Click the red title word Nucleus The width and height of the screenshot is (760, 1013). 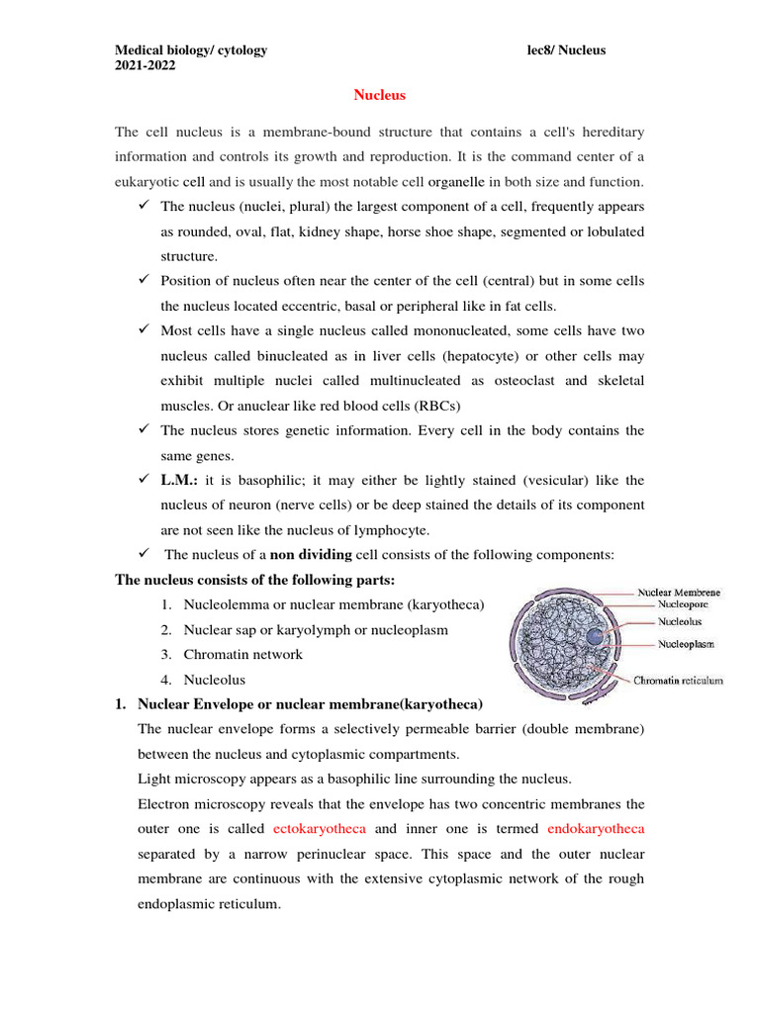[380, 95]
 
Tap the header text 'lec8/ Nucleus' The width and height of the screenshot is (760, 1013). [567, 50]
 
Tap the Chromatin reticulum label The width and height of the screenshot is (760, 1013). [678, 681]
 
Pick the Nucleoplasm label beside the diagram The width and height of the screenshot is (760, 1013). [688, 644]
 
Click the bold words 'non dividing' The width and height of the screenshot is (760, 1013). [311, 554]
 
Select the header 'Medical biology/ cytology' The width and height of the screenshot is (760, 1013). [191, 50]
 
